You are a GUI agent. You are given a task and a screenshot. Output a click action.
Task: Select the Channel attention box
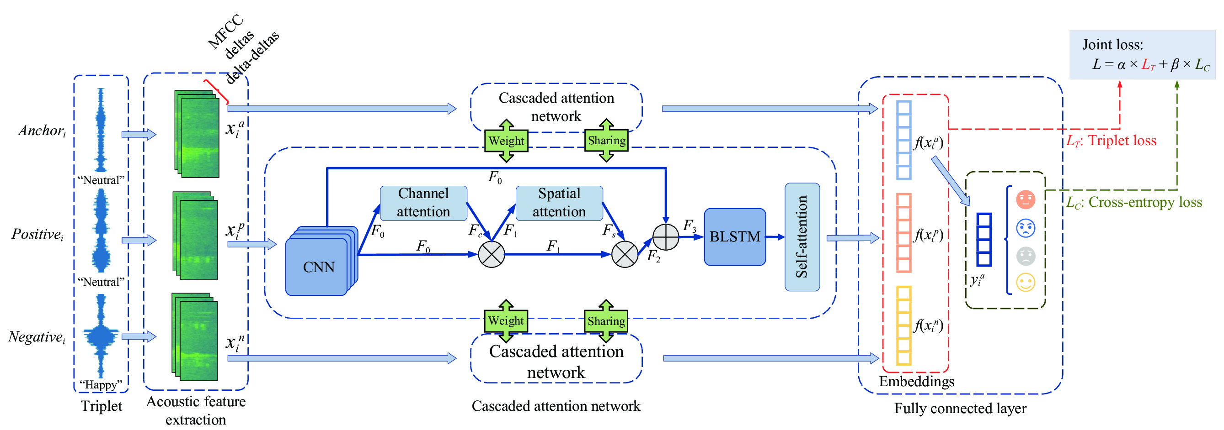(x=423, y=203)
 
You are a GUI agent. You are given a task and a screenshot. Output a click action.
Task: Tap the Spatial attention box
(x=559, y=203)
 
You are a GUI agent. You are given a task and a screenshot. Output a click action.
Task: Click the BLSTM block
(x=734, y=236)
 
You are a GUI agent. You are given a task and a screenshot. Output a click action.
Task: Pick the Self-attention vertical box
(x=802, y=236)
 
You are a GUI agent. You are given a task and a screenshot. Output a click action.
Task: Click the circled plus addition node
(x=665, y=236)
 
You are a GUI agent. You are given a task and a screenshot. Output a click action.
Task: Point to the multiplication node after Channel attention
(x=491, y=254)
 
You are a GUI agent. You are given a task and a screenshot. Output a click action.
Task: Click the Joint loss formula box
(x=1141, y=55)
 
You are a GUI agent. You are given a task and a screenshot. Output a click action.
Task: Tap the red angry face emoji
(x=1026, y=199)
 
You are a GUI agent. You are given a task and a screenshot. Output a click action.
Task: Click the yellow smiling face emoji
(x=1026, y=283)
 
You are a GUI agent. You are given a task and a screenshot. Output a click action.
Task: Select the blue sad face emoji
(x=1026, y=228)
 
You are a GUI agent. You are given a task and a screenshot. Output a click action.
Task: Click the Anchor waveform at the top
(x=100, y=129)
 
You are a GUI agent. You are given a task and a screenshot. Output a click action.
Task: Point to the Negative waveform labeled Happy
(x=100, y=335)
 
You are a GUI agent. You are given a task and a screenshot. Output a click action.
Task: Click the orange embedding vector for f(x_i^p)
(x=903, y=232)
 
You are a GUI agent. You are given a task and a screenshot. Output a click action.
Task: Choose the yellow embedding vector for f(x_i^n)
(x=903, y=325)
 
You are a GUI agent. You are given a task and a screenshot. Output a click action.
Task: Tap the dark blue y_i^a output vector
(x=983, y=239)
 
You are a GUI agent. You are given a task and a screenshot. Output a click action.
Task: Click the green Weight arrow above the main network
(x=506, y=141)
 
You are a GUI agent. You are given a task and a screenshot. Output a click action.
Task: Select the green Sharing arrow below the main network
(x=606, y=321)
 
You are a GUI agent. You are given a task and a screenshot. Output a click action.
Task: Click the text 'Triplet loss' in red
(x=1122, y=141)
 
